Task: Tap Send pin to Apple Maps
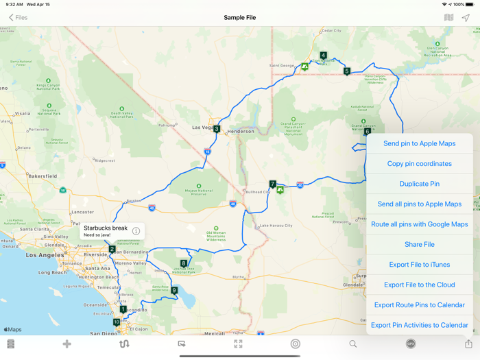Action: coord(419,143)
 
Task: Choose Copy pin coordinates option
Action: coord(419,164)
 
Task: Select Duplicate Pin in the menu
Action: coord(419,184)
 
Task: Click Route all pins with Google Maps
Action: coord(419,224)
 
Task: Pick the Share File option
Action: coord(419,244)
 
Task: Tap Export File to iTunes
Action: coord(419,265)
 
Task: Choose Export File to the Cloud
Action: coord(419,285)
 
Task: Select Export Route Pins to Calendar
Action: coord(419,305)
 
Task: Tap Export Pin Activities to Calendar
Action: coord(419,325)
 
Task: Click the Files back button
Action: coord(18,18)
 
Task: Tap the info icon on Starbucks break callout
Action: coord(136,231)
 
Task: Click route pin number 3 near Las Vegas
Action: coord(217,129)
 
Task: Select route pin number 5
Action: coord(347,71)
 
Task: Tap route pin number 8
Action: coord(184,263)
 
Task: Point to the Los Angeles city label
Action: coord(45,254)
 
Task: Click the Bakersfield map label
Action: coord(42,176)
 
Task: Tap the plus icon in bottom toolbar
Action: coord(67,344)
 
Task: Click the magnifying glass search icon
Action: coord(353,344)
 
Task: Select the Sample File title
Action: coord(239,18)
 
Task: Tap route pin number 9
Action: coord(174,290)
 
